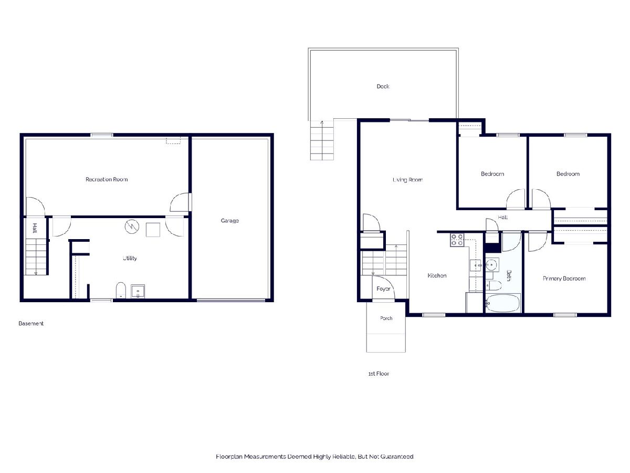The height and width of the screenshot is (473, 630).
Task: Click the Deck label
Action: pos(383,86)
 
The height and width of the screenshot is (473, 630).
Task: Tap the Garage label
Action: pos(229,221)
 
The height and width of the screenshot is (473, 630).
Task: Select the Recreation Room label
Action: pos(107,179)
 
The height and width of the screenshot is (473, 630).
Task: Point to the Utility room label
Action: pos(130,258)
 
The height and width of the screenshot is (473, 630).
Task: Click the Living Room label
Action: pos(407,180)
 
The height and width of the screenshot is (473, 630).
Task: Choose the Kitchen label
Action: pos(437,275)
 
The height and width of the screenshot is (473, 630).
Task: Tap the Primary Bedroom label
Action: pos(564,279)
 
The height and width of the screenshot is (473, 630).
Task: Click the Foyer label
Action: pos(383,289)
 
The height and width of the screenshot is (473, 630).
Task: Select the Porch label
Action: pos(386,318)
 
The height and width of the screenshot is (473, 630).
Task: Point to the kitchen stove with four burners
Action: pos(457,240)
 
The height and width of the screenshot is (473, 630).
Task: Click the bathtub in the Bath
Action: pos(503,303)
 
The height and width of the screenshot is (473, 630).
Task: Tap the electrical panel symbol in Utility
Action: pos(132,227)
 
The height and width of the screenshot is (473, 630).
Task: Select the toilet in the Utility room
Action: pos(121,290)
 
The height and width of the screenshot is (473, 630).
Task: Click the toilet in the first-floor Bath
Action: pos(493,285)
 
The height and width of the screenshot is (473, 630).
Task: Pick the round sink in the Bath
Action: pos(491,264)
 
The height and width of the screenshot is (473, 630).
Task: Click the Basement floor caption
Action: pos(31,323)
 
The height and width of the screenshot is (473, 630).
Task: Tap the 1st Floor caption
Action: pos(379,374)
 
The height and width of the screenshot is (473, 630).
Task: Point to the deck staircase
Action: pos(322,140)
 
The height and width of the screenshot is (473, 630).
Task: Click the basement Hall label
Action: pos(35,228)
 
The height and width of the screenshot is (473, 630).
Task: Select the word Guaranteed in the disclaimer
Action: pos(397,457)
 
